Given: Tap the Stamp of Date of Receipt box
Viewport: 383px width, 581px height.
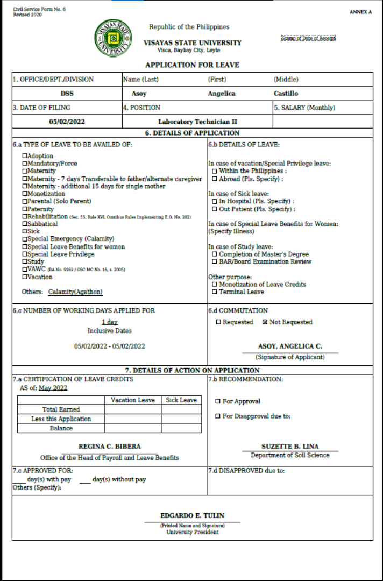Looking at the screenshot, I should coord(309,38).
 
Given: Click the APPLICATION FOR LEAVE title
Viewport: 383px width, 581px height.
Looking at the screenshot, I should coord(192,65).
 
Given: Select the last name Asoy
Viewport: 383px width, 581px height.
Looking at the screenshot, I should coord(139,94).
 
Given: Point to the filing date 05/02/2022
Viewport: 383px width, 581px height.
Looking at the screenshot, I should coord(67,122).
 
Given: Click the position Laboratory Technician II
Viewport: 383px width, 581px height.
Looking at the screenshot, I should coord(197,122).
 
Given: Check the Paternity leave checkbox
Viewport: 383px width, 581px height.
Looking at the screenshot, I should coord(25,209).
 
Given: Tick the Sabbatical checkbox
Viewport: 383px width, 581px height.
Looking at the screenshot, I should coord(25,224).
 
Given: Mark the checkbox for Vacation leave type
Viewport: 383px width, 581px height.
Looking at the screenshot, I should coord(25,277).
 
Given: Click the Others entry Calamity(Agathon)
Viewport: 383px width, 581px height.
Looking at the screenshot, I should coord(75,292).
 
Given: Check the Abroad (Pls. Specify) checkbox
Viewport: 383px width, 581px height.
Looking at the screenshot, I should coord(215,179).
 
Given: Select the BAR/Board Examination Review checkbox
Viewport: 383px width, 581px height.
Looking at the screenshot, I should coord(215,262).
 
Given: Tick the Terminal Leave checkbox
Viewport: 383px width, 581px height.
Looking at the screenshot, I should coord(215,292).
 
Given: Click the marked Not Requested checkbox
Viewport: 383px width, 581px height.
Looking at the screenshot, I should coord(265,322).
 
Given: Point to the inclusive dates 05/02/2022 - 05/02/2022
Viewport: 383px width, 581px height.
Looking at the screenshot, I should coord(110,346).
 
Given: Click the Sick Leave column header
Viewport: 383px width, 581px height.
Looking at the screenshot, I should coord(181,400).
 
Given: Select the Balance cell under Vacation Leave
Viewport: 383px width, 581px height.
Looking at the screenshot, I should coord(133,429).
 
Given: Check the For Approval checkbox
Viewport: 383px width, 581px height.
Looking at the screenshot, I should coord(218,401).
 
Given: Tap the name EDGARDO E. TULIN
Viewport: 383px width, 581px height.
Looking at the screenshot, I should coord(192,516).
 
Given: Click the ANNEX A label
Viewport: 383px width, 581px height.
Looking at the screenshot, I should coord(360,12).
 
